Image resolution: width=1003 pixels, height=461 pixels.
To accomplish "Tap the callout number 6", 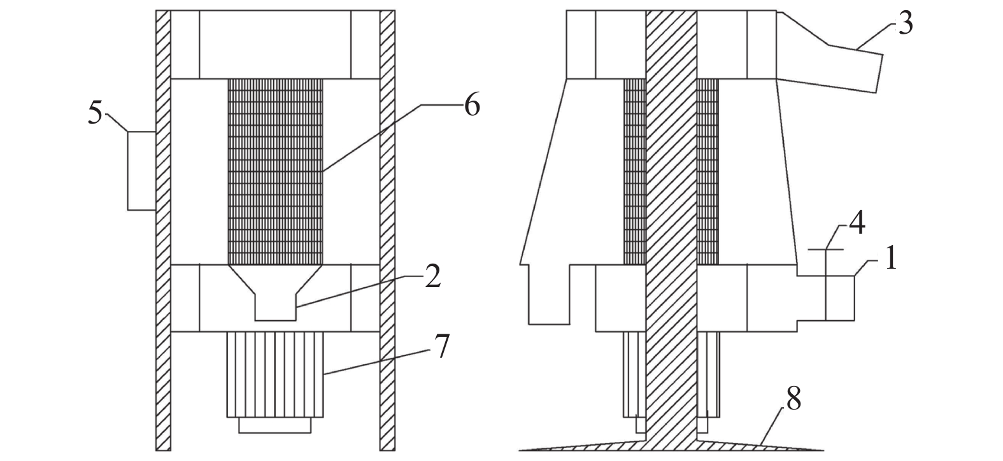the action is click(472, 105).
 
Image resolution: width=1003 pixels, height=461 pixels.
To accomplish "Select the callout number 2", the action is click(432, 276).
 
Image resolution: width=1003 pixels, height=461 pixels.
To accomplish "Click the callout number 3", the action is click(906, 25).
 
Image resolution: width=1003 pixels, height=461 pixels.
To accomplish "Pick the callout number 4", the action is click(857, 224).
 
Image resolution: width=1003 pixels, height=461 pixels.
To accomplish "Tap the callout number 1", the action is click(891, 259).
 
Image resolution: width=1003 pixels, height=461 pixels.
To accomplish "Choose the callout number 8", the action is click(793, 399).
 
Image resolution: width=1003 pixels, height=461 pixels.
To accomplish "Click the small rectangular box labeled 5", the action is click(141, 171).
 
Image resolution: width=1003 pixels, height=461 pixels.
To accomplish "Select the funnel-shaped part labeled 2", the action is click(275, 293).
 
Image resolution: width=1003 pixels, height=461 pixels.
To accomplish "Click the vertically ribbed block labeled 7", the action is click(275, 374).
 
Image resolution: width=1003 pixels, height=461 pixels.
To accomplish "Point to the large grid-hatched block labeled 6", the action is click(275, 172).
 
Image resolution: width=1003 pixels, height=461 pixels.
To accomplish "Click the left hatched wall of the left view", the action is click(163, 230).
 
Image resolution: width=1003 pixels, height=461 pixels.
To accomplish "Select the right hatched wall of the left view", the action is click(387, 230).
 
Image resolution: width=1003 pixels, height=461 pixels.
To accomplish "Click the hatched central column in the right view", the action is click(671, 223).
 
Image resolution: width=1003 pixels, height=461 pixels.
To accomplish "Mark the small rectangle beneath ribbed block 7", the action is click(275, 425).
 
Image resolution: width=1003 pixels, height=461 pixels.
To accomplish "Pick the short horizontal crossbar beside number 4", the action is click(826, 250).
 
